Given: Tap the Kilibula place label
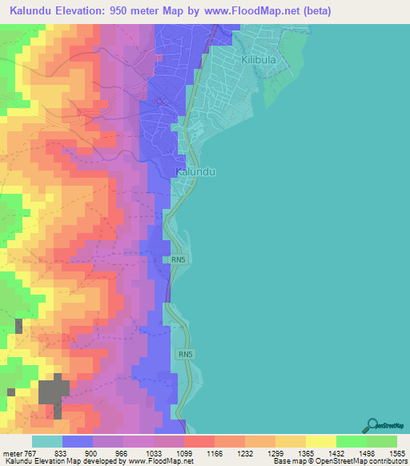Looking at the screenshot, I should [x=261, y=60].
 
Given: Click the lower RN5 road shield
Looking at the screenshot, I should [x=186, y=353].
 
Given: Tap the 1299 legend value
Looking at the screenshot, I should [x=275, y=453].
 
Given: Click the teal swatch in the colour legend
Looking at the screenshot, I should [x=47, y=441].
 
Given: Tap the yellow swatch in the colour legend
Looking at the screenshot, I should [x=320, y=441].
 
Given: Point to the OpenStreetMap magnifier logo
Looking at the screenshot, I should [x=372, y=426].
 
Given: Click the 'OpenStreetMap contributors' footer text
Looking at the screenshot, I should [x=367, y=462].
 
